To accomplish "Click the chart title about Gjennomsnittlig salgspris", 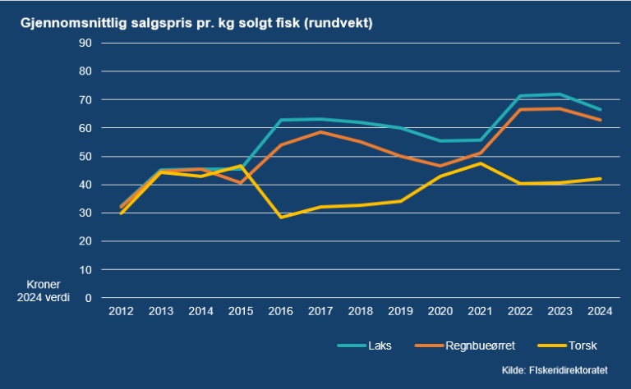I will [197, 23].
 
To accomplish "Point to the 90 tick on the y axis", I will [84, 43].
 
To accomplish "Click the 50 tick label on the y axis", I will [84, 156].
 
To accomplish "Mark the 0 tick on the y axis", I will [87, 298].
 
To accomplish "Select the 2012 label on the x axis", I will [122, 312].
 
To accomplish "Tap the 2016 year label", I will [281, 312].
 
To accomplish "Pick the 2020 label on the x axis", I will [440, 312].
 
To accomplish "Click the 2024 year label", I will [600, 312].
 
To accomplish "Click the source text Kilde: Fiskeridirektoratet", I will [560, 371].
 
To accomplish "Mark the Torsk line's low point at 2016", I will [281, 217].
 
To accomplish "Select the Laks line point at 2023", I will [560, 94].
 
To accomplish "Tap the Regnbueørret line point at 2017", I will [321, 131].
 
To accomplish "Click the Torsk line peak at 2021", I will [481, 163].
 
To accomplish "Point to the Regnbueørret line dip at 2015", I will [242, 182].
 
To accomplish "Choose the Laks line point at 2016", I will [281, 120].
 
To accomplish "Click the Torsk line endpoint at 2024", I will [600, 179].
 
